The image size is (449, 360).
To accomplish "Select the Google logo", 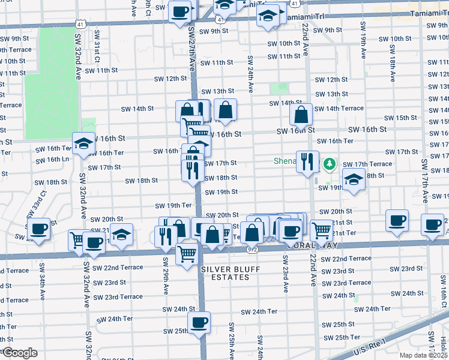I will pyautogui.click(x=19, y=353).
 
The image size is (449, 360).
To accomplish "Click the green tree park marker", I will pyautogui.click(x=329, y=164).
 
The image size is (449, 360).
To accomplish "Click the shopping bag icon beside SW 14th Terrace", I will pyautogui.click(x=301, y=113).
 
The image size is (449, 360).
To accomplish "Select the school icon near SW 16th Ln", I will pyautogui.click(x=83, y=143).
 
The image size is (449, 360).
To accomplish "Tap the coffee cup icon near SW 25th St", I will pyautogui.click(x=199, y=323).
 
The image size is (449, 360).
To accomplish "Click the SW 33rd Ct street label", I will pyautogui.click(x=35, y=205).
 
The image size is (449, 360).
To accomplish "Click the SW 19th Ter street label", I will pyautogui.click(x=173, y=206).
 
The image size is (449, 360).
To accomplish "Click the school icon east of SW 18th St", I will pyautogui.click(x=354, y=179).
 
